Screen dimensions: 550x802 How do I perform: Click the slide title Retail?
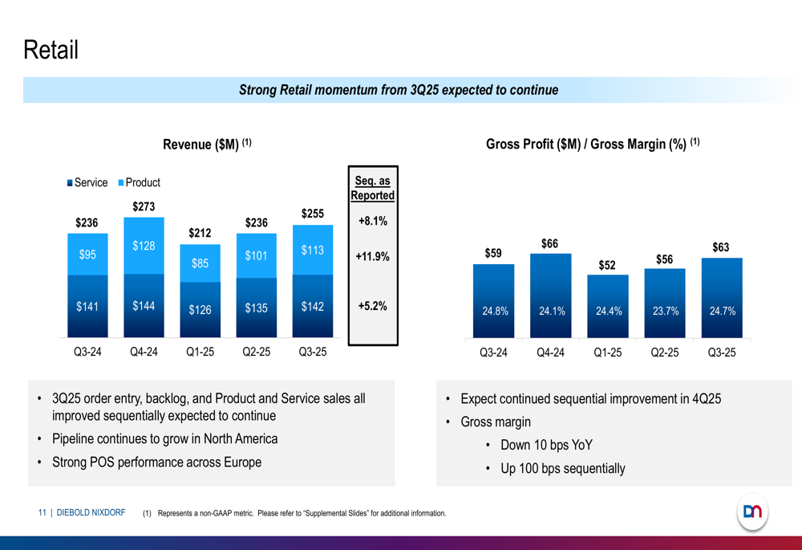[51, 51]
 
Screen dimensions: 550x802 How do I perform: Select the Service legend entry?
[87, 182]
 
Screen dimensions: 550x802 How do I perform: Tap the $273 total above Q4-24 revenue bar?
[144, 206]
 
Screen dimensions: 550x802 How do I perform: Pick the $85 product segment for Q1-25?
[200, 263]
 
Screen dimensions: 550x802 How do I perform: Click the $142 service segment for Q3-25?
[312, 306]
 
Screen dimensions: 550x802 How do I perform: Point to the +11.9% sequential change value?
[373, 257]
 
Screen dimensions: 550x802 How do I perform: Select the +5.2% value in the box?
[373, 306]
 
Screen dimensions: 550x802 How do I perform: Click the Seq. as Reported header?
[373, 188]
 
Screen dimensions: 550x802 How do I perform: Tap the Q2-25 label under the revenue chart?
[256, 352]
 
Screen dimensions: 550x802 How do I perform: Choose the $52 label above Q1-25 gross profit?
[607, 264]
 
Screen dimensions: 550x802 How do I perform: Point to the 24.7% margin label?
[722, 311]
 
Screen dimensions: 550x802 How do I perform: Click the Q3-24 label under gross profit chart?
[493, 352]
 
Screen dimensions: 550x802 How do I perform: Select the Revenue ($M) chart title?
[207, 145]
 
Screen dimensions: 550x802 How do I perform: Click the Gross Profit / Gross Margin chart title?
[593, 145]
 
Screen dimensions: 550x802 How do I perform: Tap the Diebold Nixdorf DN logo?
[752, 511]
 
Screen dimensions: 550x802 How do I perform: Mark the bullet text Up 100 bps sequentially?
[562, 468]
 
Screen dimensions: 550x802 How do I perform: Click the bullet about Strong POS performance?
[156, 462]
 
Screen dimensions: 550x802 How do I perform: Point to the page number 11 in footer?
[42, 512]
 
